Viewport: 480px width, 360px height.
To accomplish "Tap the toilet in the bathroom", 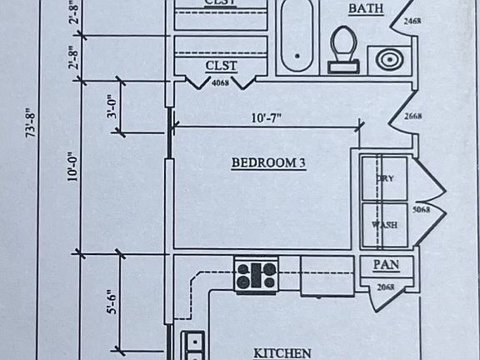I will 342,47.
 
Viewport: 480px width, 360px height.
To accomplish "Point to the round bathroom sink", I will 387,60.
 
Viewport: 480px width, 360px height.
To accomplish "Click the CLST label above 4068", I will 221,66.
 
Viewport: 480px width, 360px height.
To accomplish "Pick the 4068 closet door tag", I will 221,83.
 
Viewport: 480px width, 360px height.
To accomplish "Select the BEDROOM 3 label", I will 268,163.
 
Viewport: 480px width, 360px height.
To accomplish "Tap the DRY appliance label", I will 384,178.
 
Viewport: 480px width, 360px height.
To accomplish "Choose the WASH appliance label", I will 384,225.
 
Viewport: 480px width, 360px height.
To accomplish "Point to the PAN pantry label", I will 384,265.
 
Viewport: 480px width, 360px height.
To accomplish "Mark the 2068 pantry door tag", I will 385,287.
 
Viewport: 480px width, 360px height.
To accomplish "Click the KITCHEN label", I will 282,353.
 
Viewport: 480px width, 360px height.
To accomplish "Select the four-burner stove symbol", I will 256,275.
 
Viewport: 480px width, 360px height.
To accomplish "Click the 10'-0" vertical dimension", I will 72,165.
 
